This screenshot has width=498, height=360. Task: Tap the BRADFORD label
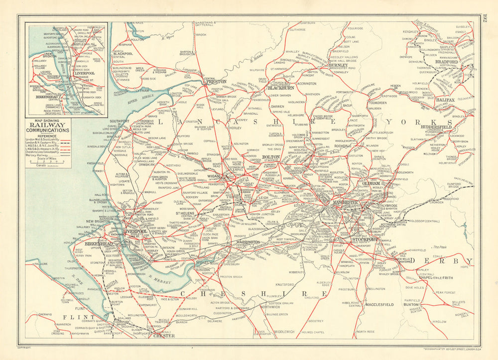[446, 62]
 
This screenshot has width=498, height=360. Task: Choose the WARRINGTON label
[248, 242]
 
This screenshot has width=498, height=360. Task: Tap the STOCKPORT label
[366, 240]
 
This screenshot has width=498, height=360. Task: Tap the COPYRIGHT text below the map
[25, 347]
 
